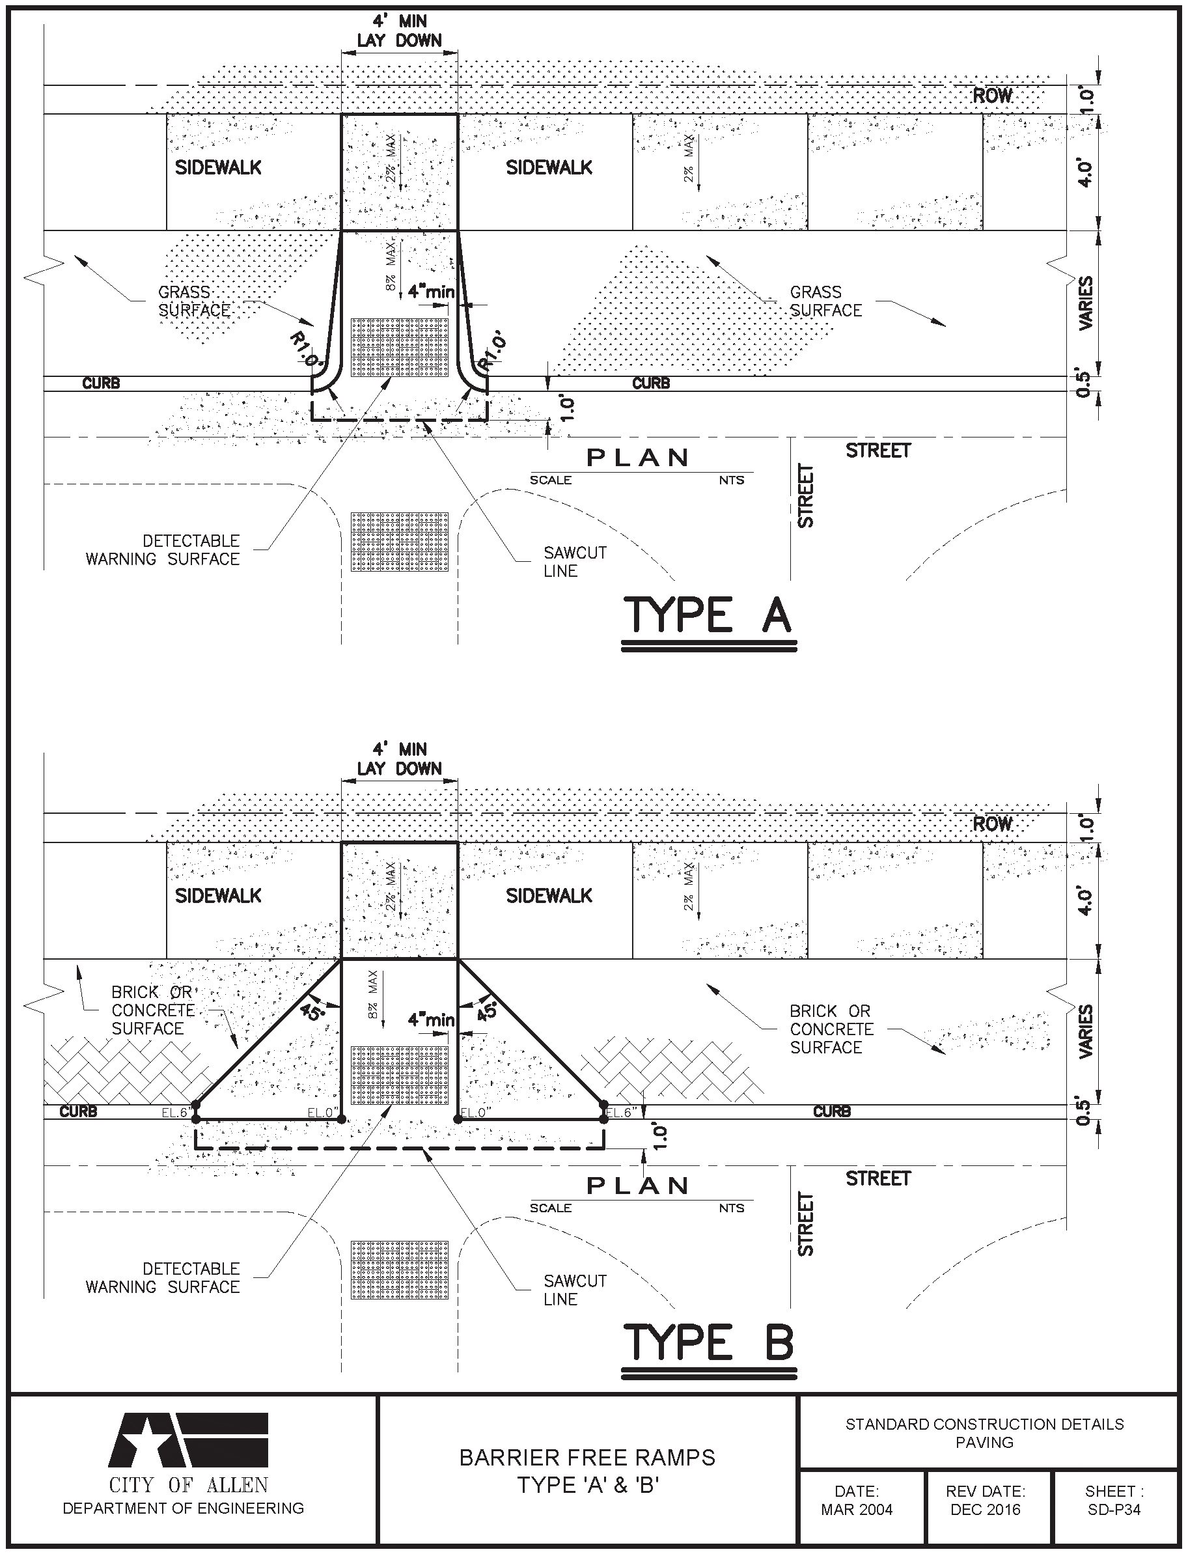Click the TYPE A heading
(x=708, y=615)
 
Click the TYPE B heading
(x=708, y=1343)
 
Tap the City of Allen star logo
(x=188, y=1440)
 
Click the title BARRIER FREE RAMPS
(x=587, y=1458)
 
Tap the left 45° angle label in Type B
(x=312, y=1012)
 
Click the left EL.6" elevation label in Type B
(x=174, y=1113)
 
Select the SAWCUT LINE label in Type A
(x=575, y=562)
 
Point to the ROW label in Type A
(x=992, y=96)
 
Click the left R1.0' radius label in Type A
(x=306, y=348)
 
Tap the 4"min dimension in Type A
(x=432, y=292)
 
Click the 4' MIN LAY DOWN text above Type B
(x=400, y=758)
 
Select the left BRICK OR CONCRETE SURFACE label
(x=153, y=1010)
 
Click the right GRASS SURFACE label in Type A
(x=825, y=301)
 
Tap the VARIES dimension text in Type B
(x=1085, y=1031)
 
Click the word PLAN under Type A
(x=638, y=458)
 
